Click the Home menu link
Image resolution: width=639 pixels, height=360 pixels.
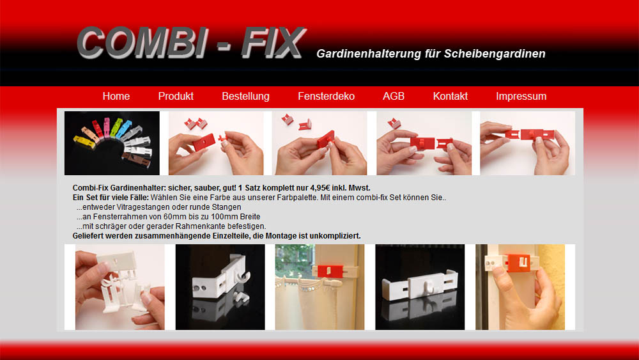[x=116, y=96]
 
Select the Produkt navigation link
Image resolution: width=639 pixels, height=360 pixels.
[x=176, y=96]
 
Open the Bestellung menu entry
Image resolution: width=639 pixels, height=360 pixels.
[x=246, y=96]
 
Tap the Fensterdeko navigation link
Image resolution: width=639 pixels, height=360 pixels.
[x=326, y=96]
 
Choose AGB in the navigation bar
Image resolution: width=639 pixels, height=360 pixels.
[x=394, y=96]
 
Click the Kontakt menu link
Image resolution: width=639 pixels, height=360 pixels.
[x=450, y=96]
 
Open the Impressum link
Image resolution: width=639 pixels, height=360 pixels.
[x=521, y=96]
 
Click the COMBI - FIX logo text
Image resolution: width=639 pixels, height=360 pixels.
[x=190, y=43]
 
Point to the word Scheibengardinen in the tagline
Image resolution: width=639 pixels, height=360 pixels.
[x=495, y=54]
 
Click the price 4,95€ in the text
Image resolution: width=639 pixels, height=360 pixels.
[x=320, y=188]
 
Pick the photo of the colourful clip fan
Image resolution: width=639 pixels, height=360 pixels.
[x=112, y=143]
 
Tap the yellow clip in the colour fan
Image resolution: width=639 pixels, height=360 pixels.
[x=84, y=142]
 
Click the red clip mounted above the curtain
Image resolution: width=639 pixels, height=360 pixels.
[x=330, y=270]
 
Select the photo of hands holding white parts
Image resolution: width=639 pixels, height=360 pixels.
[x=120, y=287]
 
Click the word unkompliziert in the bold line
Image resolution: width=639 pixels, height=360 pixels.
[x=335, y=236]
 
